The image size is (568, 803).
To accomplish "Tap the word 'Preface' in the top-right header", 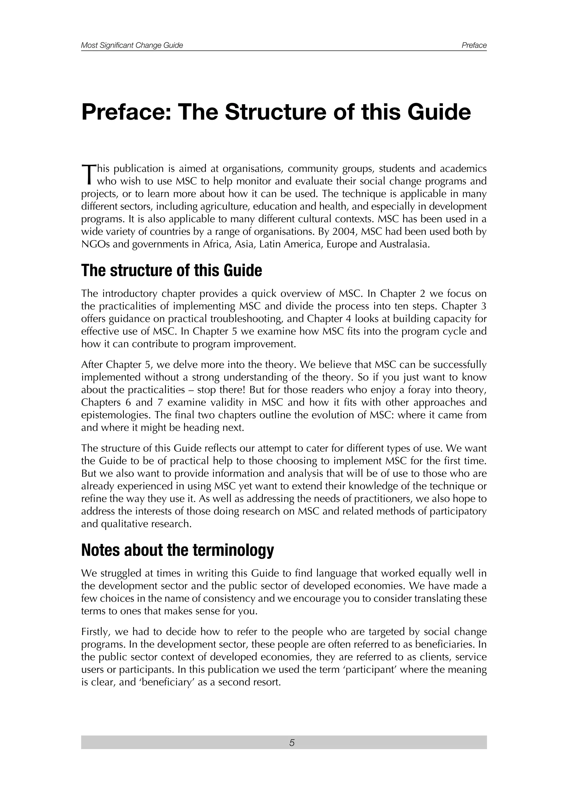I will tap(474, 45).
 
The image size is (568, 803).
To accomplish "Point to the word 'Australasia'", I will tap(404, 244).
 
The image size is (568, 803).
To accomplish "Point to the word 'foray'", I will tap(426, 390).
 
